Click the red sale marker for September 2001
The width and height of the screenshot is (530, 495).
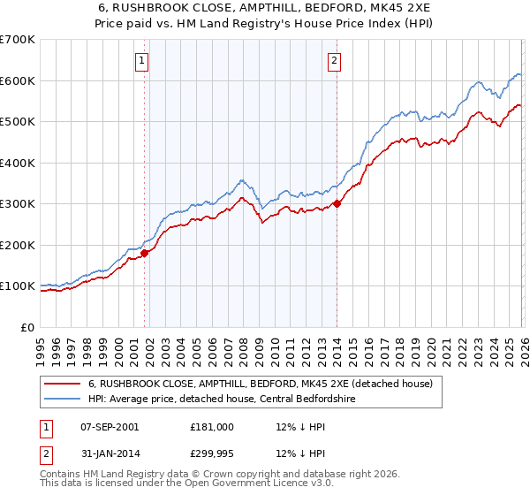coord(144,253)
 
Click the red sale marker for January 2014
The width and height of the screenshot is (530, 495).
coord(337,204)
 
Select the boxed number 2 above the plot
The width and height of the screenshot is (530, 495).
coord(336,61)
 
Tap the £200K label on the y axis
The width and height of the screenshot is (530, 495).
coord(17,245)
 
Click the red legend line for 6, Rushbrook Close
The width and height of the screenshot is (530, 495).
coord(63,385)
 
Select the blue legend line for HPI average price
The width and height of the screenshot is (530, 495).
coord(63,400)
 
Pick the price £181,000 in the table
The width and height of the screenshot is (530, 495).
coord(211,427)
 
